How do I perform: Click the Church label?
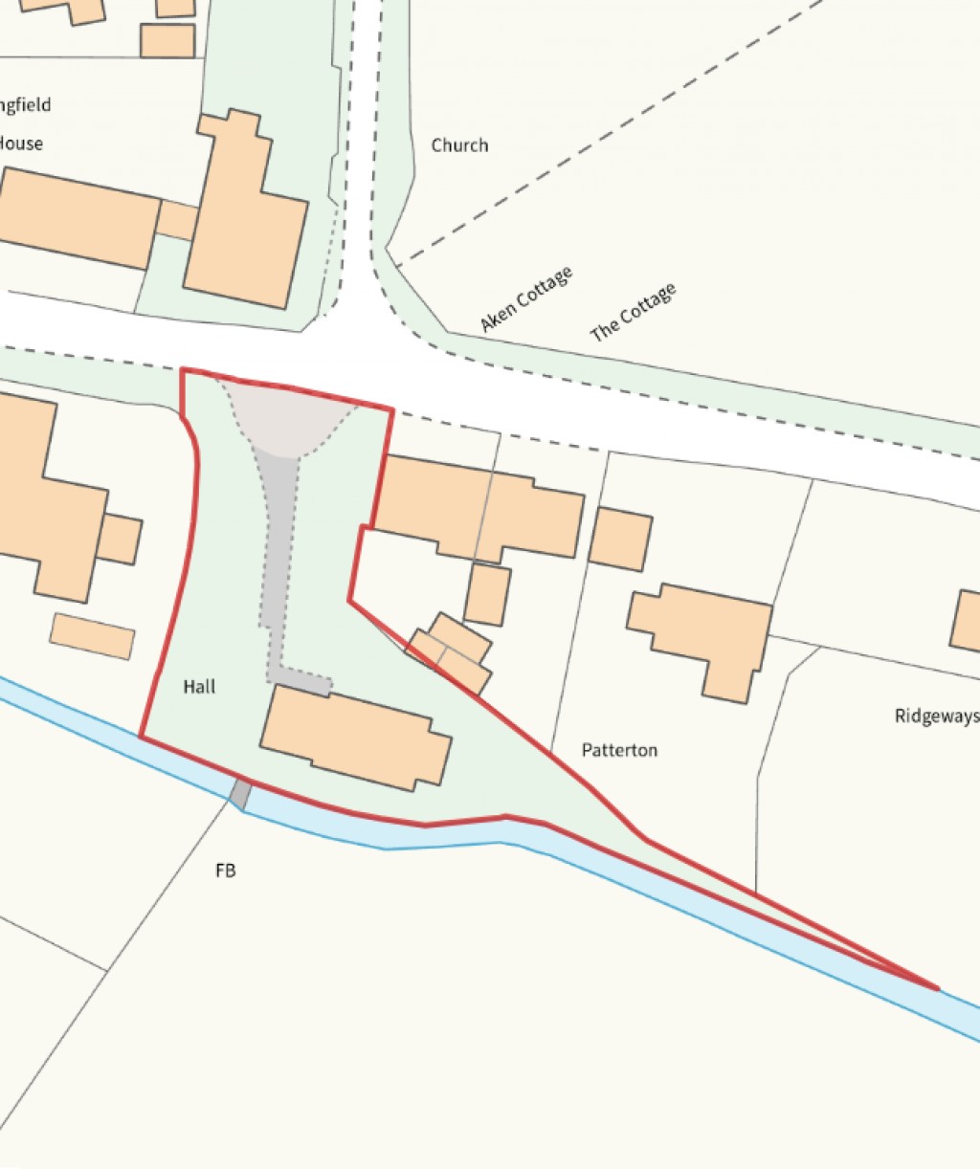click(459, 145)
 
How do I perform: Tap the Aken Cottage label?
click(526, 299)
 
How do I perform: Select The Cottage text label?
click(633, 312)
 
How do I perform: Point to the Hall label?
click(199, 687)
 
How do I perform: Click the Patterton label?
click(619, 750)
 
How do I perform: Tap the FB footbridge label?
click(225, 871)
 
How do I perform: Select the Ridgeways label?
click(936, 716)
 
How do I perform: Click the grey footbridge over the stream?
click(241, 794)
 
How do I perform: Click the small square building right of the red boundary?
click(620, 539)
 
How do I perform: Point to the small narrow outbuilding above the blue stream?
click(92, 635)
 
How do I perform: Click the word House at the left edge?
click(21, 143)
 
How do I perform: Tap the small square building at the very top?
click(167, 40)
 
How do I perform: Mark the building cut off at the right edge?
click(967, 622)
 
